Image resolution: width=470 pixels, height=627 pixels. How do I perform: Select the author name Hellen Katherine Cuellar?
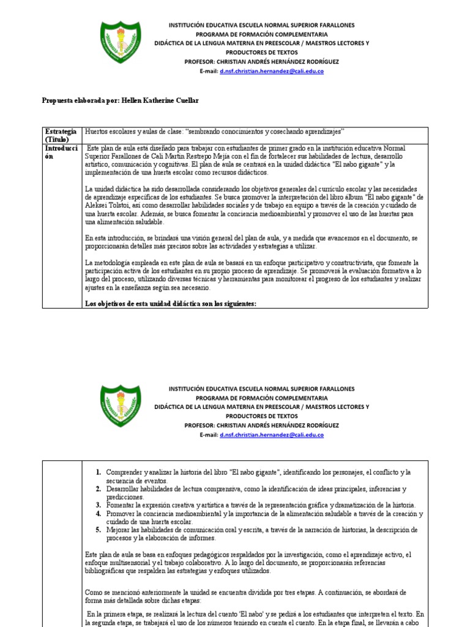tap(162, 100)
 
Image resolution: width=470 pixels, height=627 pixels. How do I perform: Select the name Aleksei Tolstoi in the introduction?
tap(105, 206)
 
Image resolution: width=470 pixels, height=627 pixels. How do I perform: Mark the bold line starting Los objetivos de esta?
tap(171, 304)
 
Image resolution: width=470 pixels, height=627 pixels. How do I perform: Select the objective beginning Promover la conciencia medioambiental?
tap(263, 517)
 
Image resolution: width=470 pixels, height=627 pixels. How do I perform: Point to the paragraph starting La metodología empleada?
tap(251, 274)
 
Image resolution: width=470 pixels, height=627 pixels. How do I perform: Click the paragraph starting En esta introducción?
tap(251, 242)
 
